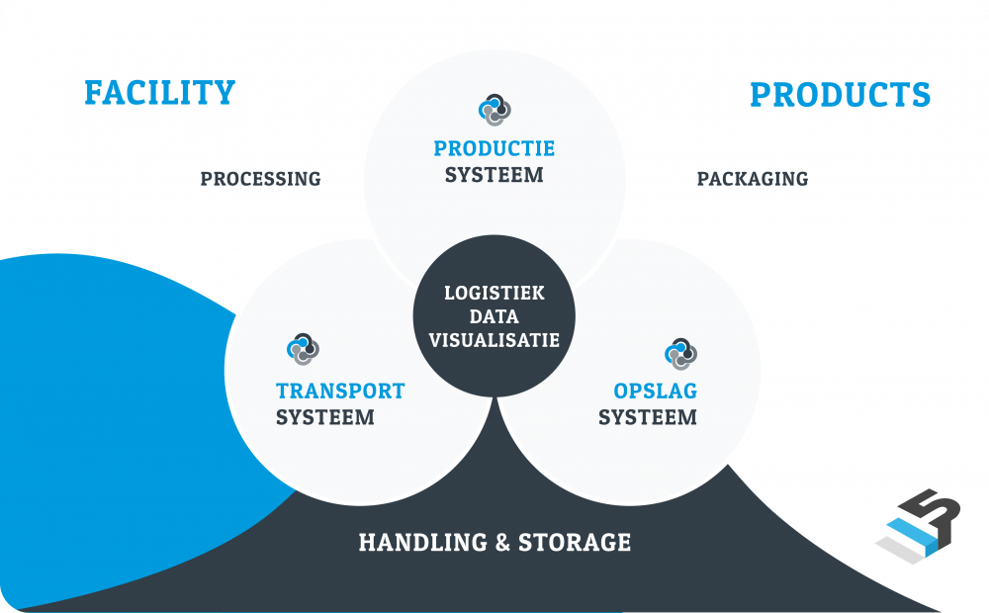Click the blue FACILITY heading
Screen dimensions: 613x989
click(x=159, y=92)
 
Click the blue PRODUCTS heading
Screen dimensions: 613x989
click(x=840, y=95)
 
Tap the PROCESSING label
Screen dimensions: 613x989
click(x=260, y=179)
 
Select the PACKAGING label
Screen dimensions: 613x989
click(x=752, y=179)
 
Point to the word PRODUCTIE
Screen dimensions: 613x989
click(x=494, y=149)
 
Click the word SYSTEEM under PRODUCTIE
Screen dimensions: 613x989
click(x=494, y=175)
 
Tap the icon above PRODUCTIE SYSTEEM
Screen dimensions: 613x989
click(x=494, y=110)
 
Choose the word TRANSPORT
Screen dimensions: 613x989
click(x=340, y=391)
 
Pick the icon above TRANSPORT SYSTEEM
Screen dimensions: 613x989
click(x=303, y=349)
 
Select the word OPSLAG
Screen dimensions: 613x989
click(x=655, y=391)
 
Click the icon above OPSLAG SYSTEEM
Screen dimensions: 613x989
click(x=680, y=353)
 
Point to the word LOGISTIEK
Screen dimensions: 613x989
click(x=494, y=294)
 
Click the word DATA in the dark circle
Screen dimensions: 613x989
click(x=494, y=316)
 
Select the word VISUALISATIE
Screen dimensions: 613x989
click(x=494, y=339)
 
